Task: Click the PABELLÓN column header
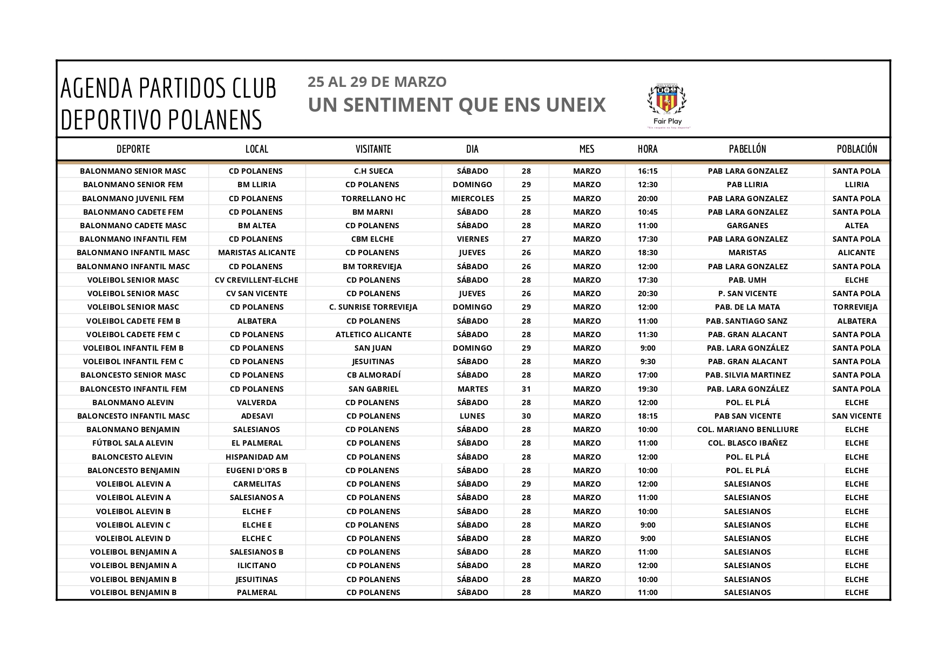[x=747, y=149]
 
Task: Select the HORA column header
[x=648, y=149]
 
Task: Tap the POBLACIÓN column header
[x=857, y=149]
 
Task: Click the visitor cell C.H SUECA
[x=373, y=171]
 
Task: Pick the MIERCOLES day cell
[x=472, y=199]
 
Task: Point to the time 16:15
[x=648, y=171]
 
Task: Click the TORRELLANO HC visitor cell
[x=373, y=199]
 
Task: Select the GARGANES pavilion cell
[x=747, y=226]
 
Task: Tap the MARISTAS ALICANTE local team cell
[x=257, y=252]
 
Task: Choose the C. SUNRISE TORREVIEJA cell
[x=373, y=307]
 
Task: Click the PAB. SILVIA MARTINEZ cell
[x=747, y=375]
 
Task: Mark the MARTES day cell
[x=472, y=389]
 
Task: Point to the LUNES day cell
[x=472, y=416]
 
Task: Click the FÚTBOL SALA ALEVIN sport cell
[x=133, y=443]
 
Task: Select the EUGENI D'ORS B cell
[x=257, y=470]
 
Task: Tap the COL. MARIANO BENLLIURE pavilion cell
[x=747, y=429]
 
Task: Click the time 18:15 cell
[x=648, y=416]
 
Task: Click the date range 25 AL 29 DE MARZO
[x=377, y=82]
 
